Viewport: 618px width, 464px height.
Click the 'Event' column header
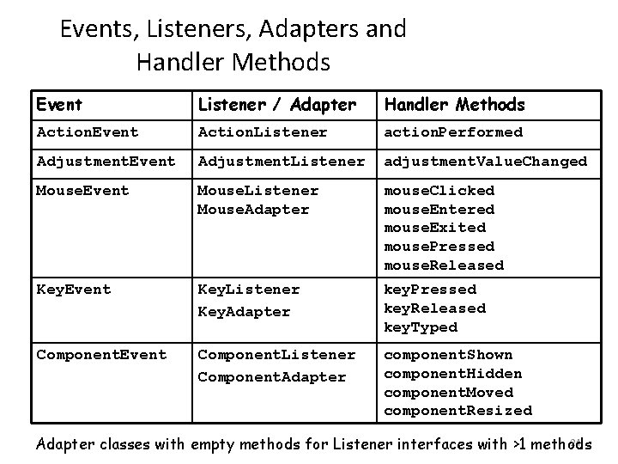pos(59,105)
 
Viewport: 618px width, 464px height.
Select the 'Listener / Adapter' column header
pos(276,105)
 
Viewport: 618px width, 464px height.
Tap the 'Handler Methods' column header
pos(454,105)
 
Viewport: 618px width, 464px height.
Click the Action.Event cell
pos(88,132)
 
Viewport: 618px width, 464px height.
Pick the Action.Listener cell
pos(263,132)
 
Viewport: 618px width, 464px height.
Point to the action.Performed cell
pos(452,132)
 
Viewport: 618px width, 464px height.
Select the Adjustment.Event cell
pos(106,162)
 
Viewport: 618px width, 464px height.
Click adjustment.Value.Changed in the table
pos(485,162)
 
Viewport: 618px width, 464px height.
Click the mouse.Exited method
pos(434,228)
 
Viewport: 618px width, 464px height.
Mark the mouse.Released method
pos(444,266)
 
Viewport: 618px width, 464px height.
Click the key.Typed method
pos(421,327)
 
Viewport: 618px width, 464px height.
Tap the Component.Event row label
pos(101,355)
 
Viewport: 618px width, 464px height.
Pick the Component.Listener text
pos(276,355)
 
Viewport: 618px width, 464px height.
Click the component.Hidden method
pos(452,374)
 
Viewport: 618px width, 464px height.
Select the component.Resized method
pos(457,411)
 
